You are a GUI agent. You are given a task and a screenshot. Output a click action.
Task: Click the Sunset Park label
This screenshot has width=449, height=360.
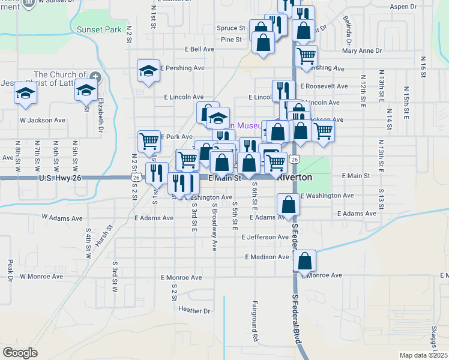(x=99, y=29)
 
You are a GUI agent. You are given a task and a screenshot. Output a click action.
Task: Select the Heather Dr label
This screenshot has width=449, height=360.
(x=195, y=310)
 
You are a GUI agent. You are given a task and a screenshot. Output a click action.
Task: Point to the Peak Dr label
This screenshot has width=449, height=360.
(x=10, y=271)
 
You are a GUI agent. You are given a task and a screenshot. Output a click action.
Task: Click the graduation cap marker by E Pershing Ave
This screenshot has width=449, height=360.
(x=148, y=71)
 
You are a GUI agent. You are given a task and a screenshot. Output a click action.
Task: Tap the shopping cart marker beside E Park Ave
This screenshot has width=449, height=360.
(x=149, y=141)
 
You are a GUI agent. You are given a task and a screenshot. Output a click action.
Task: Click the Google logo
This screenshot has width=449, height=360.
(x=20, y=353)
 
